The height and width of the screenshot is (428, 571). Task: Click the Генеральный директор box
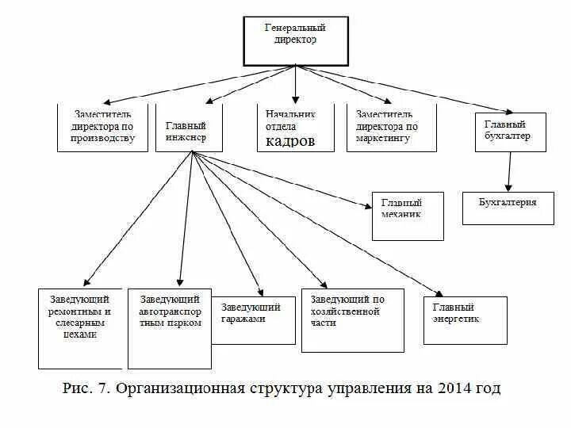tap(294, 40)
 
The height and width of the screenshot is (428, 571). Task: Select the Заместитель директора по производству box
tap(102, 127)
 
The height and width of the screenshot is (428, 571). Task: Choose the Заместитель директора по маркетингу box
tap(392, 127)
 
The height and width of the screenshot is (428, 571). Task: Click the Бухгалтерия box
tap(508, 208)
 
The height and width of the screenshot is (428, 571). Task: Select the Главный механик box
tap(408, 216)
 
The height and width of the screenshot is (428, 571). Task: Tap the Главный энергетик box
tap(465, 319)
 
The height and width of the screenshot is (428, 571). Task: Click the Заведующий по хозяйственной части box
tap(351, 319)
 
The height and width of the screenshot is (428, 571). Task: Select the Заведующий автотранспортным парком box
tap(170, 328)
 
